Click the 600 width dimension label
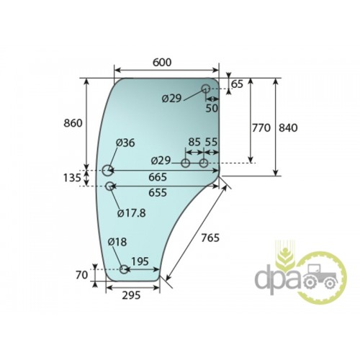[x=162, y=63]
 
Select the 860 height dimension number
[x=73, y=123]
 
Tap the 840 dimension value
[x=288, y=128]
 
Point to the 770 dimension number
[x=261, y=128]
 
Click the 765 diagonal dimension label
[x=210, y=238]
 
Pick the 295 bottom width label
[x=131, y=295]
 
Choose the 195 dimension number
[x=140, y=261]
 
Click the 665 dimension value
[x=158, y=177]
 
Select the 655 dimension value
[x=158, y=192]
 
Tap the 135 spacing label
[x=72, y=178]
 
